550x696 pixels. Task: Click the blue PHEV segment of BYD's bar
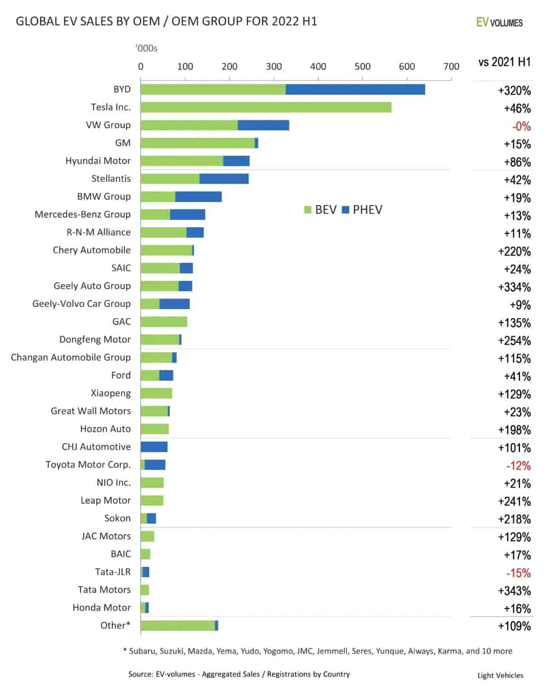(x=355, y=89)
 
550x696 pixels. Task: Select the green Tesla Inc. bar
(x=266, y=107)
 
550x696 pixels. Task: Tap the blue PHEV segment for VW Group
(x=263, y=125)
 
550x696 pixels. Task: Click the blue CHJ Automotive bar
(x=154, y=447)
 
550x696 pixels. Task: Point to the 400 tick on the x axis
(x=318, y=67)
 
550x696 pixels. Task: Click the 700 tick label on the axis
(x=451, y=67)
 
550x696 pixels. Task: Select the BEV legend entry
(x=320, y=210)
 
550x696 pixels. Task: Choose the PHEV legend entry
(x=362, y=210)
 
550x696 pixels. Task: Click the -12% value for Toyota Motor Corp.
(x=518, y=466)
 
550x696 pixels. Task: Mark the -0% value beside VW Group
(x=521, y=126)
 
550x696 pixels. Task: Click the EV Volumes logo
(x=499, y=22)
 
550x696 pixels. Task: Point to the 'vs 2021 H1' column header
(x=504, y=62)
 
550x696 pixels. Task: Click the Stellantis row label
(x=111, y=178)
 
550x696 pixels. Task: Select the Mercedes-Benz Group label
(x=82, y=214)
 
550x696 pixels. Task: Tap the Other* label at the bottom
(x=115, y=625)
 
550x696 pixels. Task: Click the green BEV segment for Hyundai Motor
(x=182, y=161)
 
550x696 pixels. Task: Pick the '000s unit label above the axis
(x=146, y=48)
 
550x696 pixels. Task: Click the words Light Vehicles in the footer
(x=500, y=676)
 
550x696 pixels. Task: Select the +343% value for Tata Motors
(x=515, y=591)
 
